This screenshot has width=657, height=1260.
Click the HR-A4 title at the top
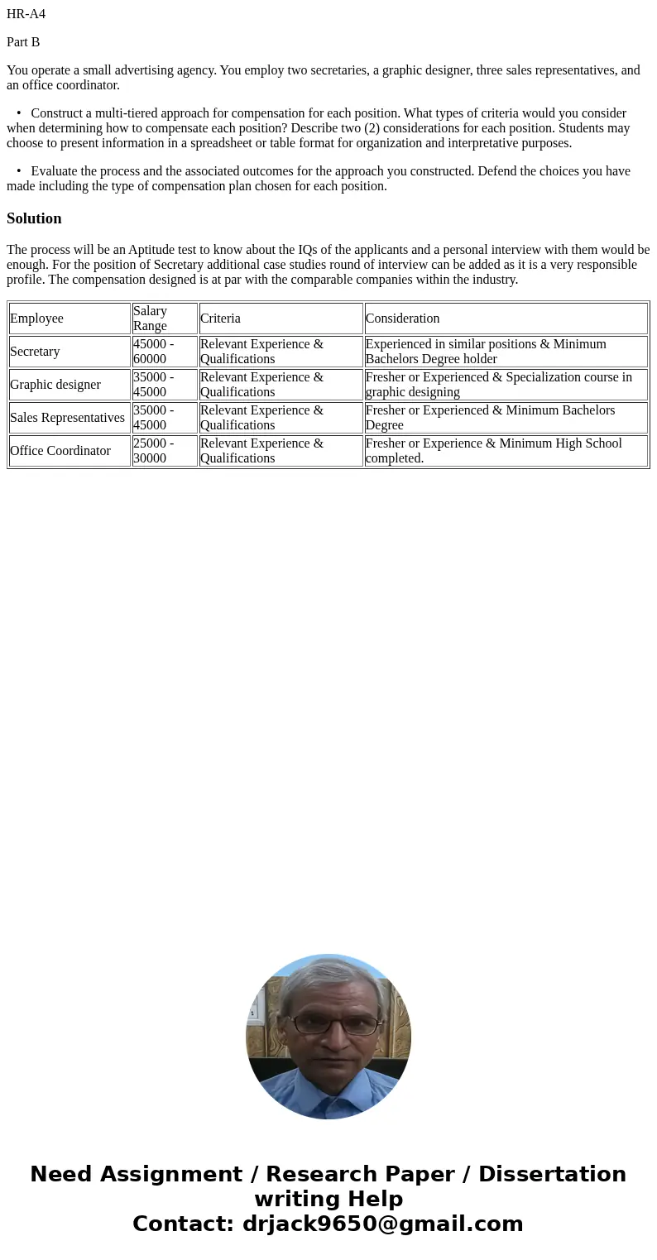pos(26,14)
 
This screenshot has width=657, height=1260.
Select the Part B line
pos(23,42)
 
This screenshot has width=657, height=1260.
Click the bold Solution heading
pos(34,218)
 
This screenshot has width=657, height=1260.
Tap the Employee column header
pos(36,319)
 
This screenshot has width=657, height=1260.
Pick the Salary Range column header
pos(151,319)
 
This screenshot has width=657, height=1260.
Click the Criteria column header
pos(220,319)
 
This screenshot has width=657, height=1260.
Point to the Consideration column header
pos(402,319)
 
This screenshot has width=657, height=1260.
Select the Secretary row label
pos(35,352)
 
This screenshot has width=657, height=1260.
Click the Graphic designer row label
pos(55,385)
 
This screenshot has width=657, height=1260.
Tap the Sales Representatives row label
pos(67,418)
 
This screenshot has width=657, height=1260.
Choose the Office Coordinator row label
pos(60,451)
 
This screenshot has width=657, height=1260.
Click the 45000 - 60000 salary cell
pos(154,352)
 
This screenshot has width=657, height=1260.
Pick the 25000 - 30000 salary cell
pos(154,451)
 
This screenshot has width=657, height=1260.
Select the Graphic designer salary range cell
pos(154,385)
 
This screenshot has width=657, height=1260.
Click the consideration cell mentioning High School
pos(493,451)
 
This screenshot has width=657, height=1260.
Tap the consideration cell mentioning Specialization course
pos(498,385)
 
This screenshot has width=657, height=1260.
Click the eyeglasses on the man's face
pos(333,1024)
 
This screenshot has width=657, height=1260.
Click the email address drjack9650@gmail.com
pos(382,1224)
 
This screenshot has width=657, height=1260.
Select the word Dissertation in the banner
pos(552,1175)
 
